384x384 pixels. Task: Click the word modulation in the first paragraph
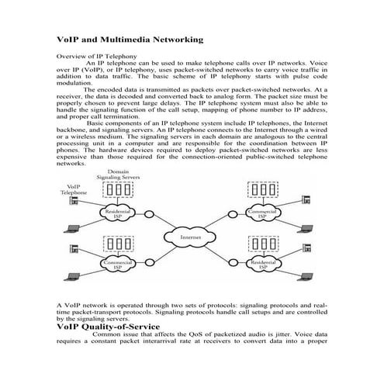pos(76,83)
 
